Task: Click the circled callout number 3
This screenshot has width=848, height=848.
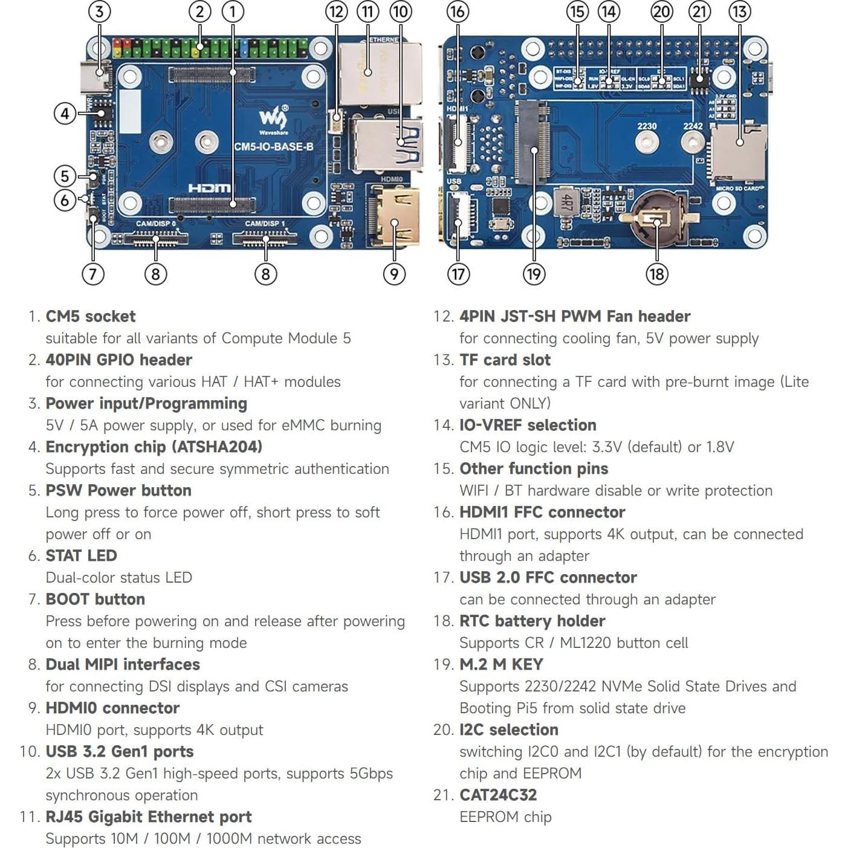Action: coord(100,11)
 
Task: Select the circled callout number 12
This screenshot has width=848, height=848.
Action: coord(336,11)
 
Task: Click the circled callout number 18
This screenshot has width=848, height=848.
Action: coord(656,274)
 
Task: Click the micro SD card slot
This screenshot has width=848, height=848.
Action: coord(739,151)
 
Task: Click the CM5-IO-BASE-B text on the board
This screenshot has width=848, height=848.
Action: coord(273,146)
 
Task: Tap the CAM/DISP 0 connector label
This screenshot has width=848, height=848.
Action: coord(156,224)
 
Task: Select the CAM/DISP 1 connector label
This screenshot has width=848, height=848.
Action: coord(265,224)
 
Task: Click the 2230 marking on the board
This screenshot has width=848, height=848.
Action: coord(647,126)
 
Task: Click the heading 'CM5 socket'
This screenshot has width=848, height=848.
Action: coord(91,316)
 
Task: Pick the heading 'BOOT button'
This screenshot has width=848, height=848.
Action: coord(95,599)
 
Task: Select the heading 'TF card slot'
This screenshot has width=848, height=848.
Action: coord(505,360)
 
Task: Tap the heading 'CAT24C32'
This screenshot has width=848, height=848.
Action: coord(498,795)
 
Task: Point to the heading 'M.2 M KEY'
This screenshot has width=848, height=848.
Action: coord(501,664)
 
